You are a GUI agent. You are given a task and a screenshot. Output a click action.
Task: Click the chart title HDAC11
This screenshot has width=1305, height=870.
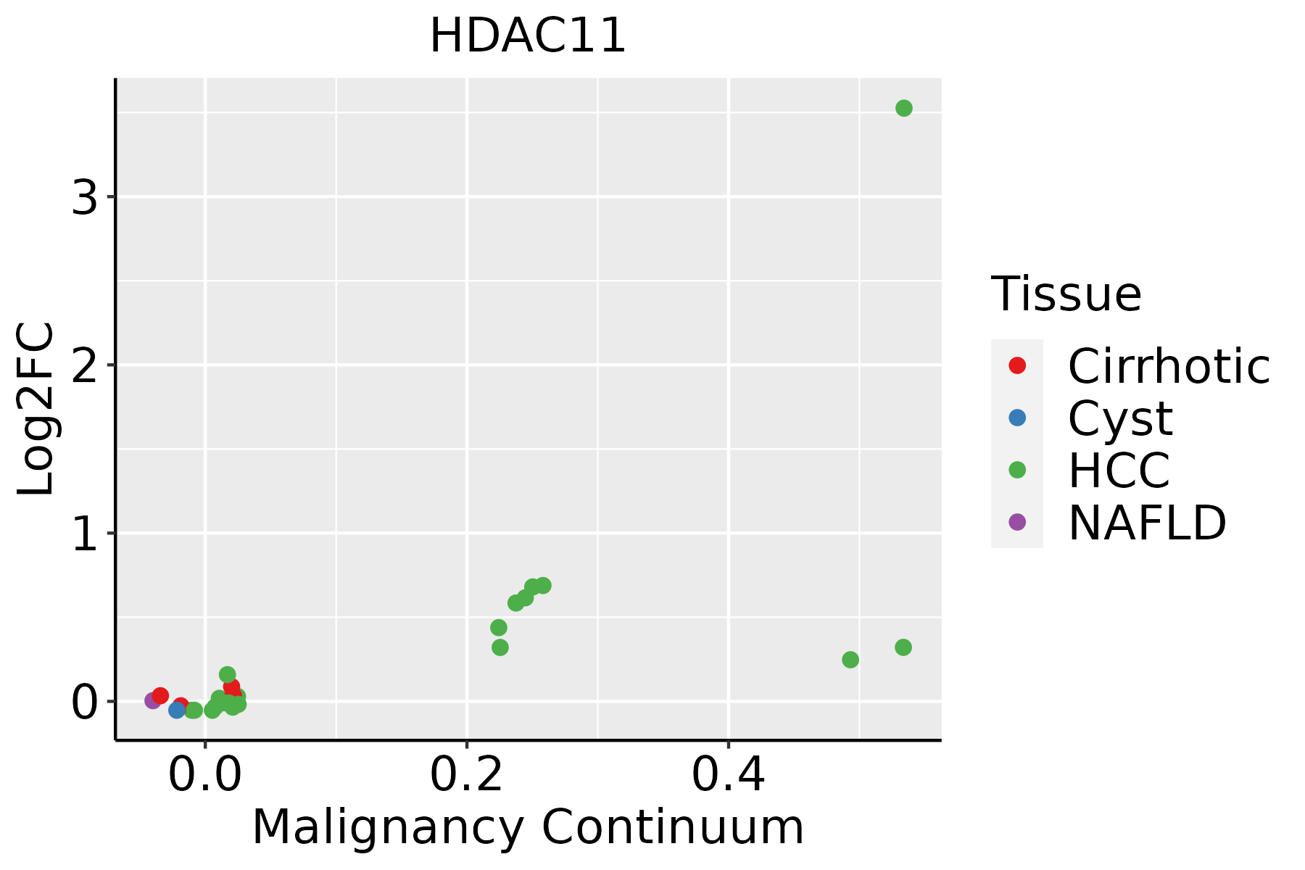coord(527,36)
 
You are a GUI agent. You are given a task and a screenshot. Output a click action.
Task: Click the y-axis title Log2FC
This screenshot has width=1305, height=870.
coord(36,409)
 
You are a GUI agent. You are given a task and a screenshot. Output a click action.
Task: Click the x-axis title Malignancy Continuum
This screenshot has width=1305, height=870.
coord(527,827)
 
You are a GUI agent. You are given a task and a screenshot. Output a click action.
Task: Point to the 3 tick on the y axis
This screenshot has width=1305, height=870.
coord(85,196)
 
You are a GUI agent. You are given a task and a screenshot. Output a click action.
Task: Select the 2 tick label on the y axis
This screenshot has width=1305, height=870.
coord(85,365)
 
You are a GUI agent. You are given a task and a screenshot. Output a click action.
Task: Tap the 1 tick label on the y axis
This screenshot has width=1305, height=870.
coord(85,534)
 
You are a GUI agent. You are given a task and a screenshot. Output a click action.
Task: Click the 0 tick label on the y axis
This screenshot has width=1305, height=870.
coord(85,702)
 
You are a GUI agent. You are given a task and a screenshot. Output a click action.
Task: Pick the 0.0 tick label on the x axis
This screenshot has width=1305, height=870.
coord(205,775)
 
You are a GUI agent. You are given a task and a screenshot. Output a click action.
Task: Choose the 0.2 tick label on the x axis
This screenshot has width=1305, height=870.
coord(467,775)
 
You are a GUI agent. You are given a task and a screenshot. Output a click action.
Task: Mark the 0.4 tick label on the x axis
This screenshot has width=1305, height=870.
coord(728,775)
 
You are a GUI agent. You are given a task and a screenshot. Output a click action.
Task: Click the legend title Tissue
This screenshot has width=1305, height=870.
coord(1066,294)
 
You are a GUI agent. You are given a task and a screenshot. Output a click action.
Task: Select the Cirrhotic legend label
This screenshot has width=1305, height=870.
coord(1168,366)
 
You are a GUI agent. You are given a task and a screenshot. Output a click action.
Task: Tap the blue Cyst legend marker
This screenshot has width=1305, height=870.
coord(1017,418)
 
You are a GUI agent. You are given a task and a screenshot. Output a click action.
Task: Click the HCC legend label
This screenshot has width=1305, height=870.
coord(1119,471)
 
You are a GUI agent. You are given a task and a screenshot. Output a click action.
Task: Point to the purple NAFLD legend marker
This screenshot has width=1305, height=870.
coord(1017,522)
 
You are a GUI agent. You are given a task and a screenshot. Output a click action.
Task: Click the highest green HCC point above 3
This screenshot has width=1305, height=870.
coord(903,108)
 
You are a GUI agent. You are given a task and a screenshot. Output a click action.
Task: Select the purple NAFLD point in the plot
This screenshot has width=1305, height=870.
coord(152,700)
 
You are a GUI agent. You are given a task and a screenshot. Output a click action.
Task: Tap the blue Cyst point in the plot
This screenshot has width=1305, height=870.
coord(177,710)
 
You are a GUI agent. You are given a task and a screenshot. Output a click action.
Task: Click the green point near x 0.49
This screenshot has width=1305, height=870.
coord(850,660)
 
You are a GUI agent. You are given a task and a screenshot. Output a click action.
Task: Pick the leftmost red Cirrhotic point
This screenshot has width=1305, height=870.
coord(160,695)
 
